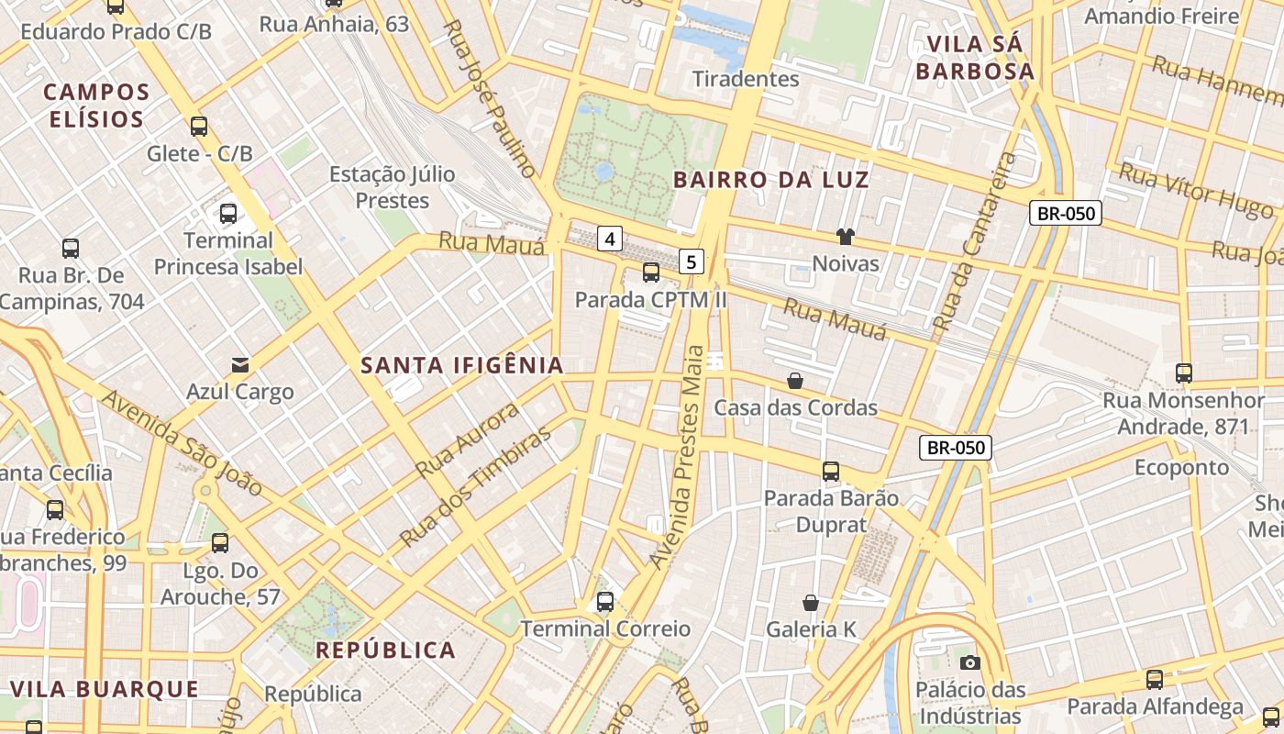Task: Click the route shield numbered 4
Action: tap(611, 239)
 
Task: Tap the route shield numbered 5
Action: tap(692, 262)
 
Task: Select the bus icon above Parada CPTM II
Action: tap(651, 272)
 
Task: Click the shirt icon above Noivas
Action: tap(846, 237)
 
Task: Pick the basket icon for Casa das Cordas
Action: tap(795, 380)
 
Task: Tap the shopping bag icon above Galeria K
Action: tap(811, 602)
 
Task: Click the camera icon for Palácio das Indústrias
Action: tap(969, 662)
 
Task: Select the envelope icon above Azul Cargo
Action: tap(240, 365)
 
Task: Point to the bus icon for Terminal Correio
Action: tap(605, 602)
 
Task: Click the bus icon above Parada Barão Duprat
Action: tap(831, 472)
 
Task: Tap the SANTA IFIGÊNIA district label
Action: tap(462, 365)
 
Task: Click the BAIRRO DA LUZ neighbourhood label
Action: tap(771, 180)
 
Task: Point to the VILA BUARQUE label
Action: tap(105, 689)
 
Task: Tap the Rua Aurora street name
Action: tap(468, 440)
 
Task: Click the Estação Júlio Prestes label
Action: tap(393, 187)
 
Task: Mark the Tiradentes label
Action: tap(747, 79)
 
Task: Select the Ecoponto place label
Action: tap(1181, 468)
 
